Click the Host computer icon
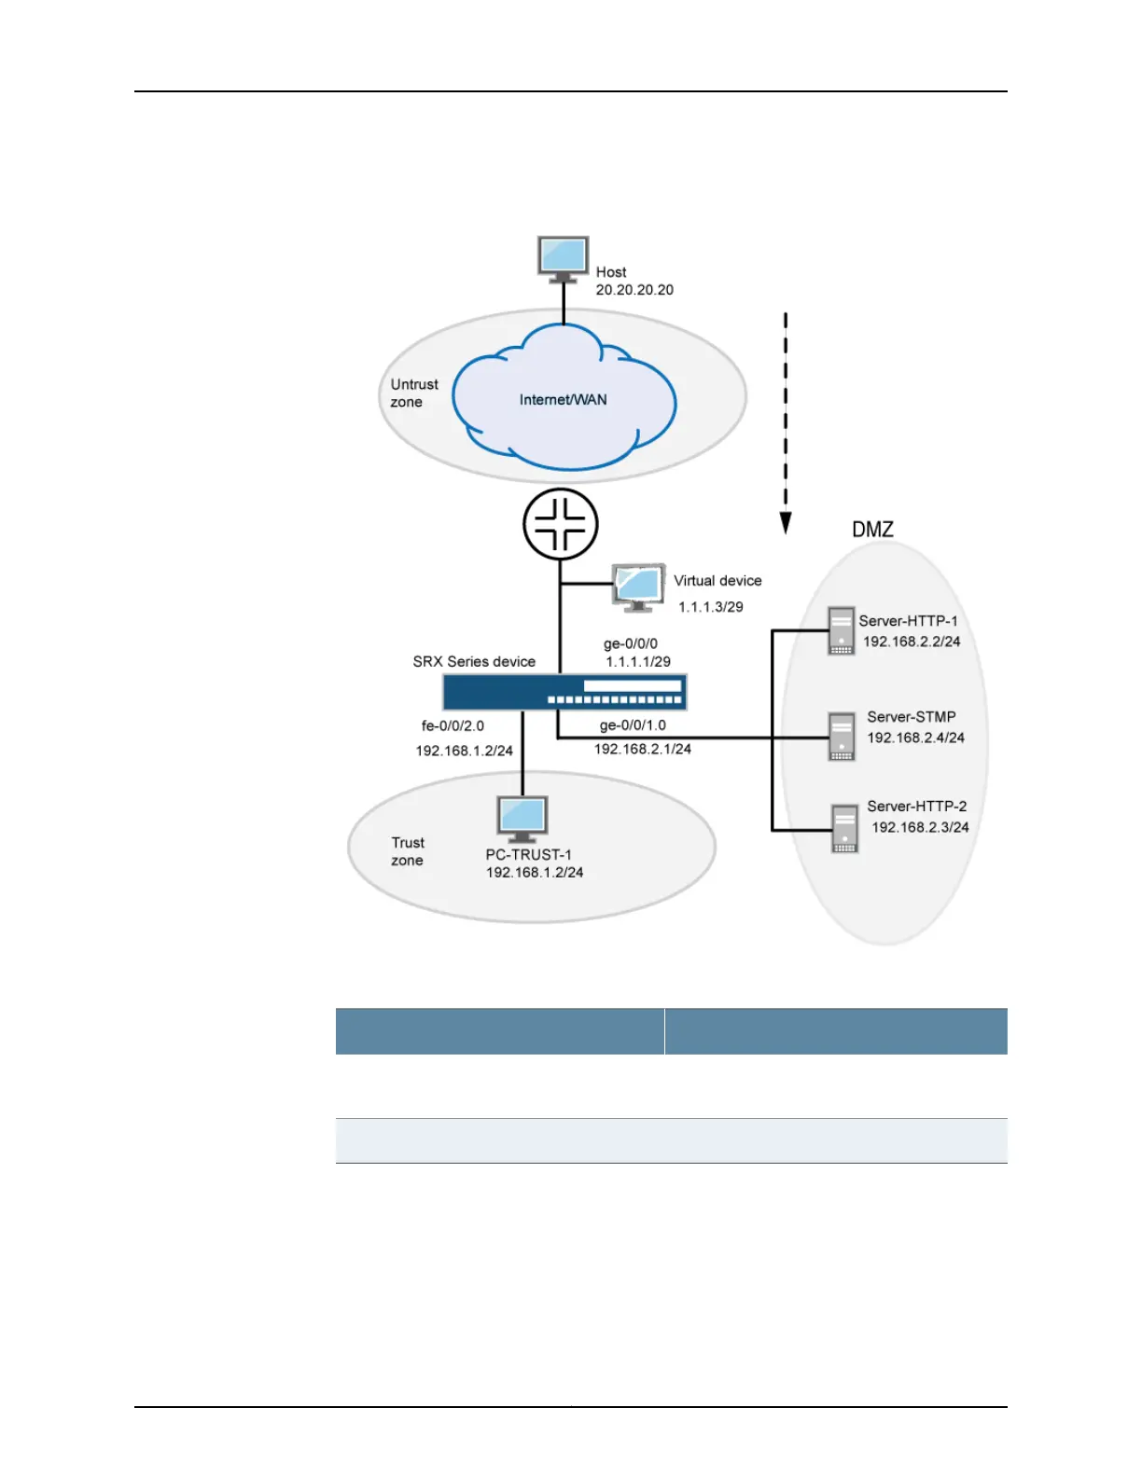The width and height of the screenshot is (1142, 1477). click(564, 258)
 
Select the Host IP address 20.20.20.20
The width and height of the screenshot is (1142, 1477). click(634, 290)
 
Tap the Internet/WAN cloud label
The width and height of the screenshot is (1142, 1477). click(563, 400)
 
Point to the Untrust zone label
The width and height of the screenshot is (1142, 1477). click(413, 393)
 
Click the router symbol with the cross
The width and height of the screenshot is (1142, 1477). click(560, 524)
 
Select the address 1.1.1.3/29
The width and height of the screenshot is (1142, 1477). click(710, 607)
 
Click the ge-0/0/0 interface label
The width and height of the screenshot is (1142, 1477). click(630, 643)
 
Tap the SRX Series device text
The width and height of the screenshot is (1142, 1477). click(474, 661)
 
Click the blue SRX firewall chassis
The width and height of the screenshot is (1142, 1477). click(564, 693)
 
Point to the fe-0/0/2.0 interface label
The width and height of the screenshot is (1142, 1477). click(453, 725)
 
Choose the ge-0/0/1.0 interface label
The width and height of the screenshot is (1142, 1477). click(633, 725)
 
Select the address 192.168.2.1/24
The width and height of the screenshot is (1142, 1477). click(643, 749)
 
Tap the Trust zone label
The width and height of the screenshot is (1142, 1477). click(408, 851)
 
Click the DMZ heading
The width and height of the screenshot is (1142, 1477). click(872, 530)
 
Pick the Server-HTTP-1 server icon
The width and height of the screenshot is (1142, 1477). click(842, 630)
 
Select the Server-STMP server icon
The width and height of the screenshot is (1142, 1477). click(842, 737)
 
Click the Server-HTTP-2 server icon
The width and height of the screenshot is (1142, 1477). click(844, 829)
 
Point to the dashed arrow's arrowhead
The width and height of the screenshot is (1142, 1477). click(786, 523)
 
